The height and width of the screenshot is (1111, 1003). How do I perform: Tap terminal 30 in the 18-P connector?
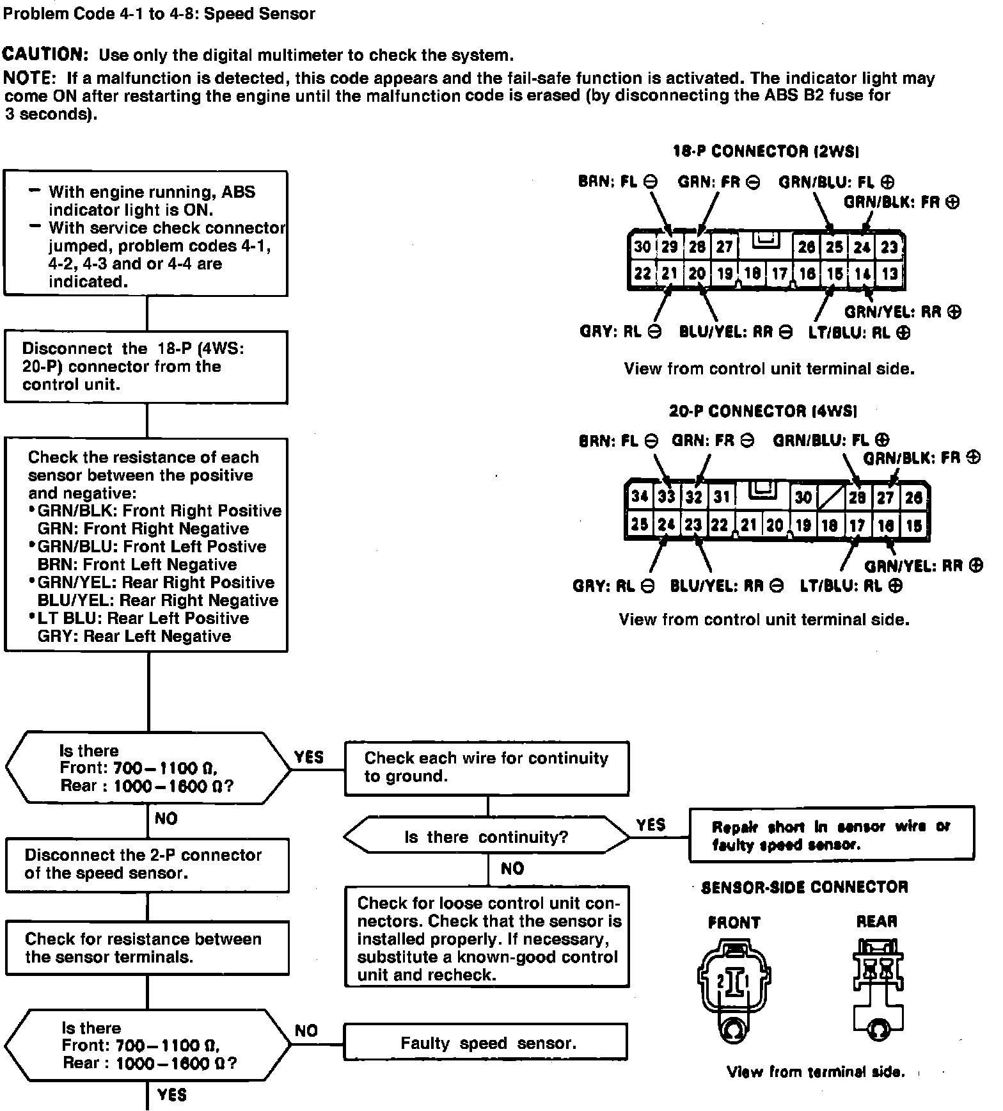[x=642, y=247]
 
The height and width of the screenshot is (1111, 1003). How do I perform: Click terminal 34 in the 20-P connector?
[x=639, y=497]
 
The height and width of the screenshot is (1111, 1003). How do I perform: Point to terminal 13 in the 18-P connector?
[x=890, y=274]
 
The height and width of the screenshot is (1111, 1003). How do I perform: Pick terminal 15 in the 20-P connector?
[x=913, y=525]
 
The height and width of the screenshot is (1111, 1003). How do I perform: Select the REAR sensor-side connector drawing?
[x=878, y=986]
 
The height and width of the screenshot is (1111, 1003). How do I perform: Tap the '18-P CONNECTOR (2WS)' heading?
[x=765, y=152]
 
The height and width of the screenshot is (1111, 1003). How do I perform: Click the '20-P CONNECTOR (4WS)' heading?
[x=763, y=411]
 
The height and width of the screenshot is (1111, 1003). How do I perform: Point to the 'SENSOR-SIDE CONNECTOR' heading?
[x=804, y=887]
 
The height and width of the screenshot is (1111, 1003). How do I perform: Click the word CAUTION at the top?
[x=45, y=54]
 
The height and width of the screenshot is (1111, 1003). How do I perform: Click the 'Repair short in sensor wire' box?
[x=831, y=835]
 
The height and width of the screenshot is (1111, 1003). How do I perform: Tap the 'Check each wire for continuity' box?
[x=486, y=768]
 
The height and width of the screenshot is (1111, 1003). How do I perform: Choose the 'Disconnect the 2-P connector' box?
[x=147, y=865]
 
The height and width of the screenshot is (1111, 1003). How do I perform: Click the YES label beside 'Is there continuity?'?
[x=651, y=825]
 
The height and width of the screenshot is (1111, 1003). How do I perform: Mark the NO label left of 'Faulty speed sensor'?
[x=306, y=1030]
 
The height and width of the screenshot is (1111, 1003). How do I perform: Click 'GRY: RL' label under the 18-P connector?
[x=620, y=332]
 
